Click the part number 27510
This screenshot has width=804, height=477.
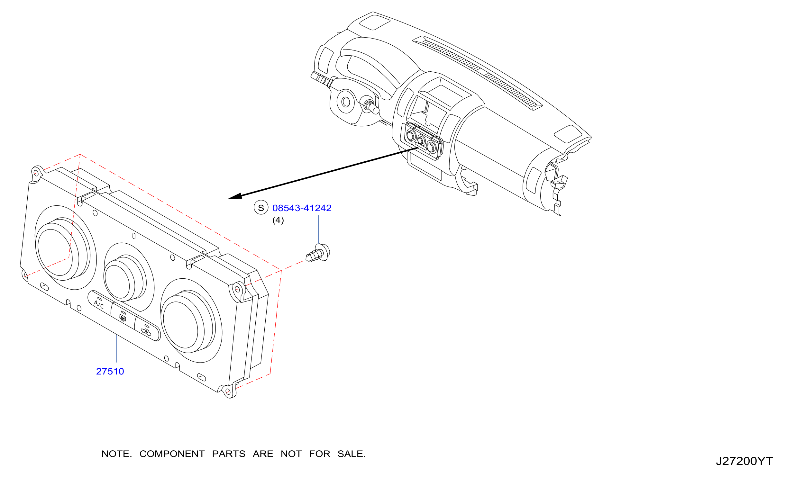point(110,371)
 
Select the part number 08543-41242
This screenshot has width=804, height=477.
point(302,208)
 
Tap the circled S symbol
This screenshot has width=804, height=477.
point(261,207)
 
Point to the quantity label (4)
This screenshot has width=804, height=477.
point(278,220)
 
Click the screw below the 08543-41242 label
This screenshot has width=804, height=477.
point(318,253)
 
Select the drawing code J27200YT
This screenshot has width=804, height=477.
point(744,461)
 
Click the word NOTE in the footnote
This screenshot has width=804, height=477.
point(116,454)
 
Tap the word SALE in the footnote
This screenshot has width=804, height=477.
point(351,454)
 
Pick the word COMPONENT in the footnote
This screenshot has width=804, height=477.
point(172,454)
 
